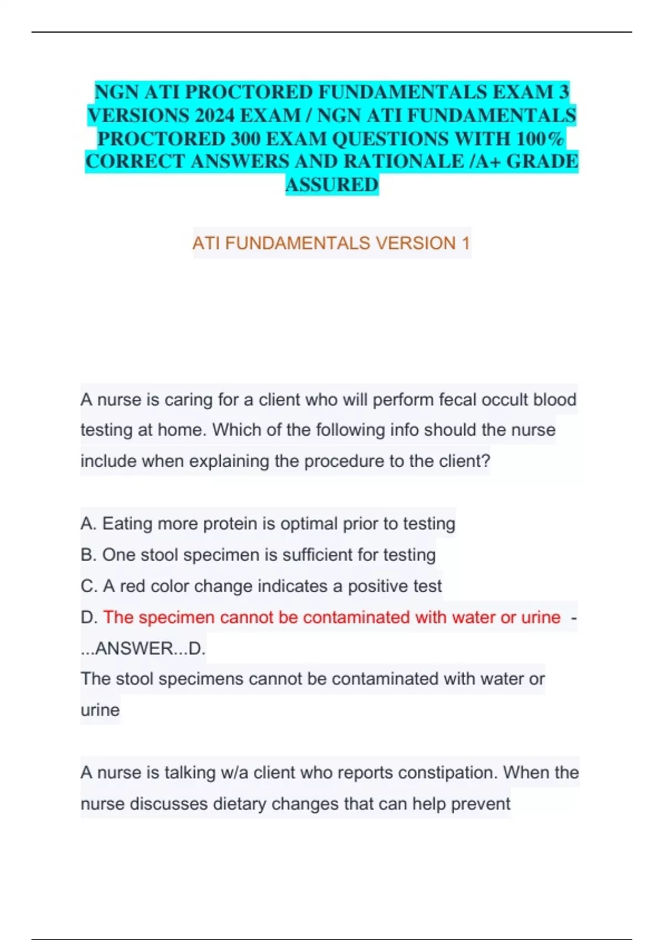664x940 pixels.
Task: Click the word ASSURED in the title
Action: (x=332, y=185)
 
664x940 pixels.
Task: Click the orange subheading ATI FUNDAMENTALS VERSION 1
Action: (x=331, y=243)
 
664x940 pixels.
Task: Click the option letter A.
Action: (x=87, y=524)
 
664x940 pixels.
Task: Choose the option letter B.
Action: (x=87, y=555)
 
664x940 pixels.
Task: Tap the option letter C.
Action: (x=87, y=586)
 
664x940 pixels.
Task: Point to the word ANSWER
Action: (x=134, y=649)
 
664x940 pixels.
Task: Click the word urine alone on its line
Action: (x=100, y=710)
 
